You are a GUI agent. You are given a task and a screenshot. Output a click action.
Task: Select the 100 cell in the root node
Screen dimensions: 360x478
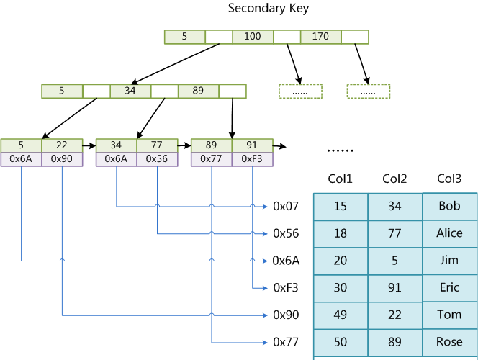[253, 37]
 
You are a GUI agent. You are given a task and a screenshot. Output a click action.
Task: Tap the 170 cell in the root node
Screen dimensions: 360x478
[320, 37]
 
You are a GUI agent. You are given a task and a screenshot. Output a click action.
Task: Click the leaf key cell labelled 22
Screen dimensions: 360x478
[62, 145]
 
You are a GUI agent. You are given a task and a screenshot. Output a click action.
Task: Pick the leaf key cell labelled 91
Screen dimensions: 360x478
[253, 145]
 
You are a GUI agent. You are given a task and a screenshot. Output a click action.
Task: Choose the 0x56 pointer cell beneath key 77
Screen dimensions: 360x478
[157, 159]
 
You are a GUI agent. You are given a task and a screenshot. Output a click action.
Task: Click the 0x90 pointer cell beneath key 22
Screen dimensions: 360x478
[62, 159]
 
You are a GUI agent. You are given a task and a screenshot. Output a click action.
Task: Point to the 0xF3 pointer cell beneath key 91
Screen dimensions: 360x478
[253, 159]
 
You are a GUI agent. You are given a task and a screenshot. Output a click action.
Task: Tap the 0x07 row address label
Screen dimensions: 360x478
[286, 207]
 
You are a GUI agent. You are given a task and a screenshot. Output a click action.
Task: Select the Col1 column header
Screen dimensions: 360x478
[341, 179]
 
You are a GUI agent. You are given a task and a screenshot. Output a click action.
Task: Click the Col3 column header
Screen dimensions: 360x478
[449, 179]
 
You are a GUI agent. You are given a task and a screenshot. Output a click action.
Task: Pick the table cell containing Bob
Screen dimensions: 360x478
[449, 207]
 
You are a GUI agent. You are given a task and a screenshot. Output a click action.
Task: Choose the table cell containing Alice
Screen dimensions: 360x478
[449, 233]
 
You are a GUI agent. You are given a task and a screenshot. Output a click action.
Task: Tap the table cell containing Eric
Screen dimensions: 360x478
[449, 288]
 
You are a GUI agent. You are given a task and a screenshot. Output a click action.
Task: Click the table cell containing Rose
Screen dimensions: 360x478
[449, 342]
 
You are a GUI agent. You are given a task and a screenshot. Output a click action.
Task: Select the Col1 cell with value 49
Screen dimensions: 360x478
[341, 315]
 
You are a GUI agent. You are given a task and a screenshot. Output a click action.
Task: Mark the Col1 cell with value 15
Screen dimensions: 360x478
[341, 207]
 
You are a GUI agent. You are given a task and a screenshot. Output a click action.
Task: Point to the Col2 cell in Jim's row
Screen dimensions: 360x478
[394, 261]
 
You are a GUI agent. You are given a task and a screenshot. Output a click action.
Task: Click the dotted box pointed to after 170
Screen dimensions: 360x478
[368, 91]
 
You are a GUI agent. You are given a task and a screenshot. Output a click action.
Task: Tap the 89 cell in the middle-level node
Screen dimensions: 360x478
[199, 91]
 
